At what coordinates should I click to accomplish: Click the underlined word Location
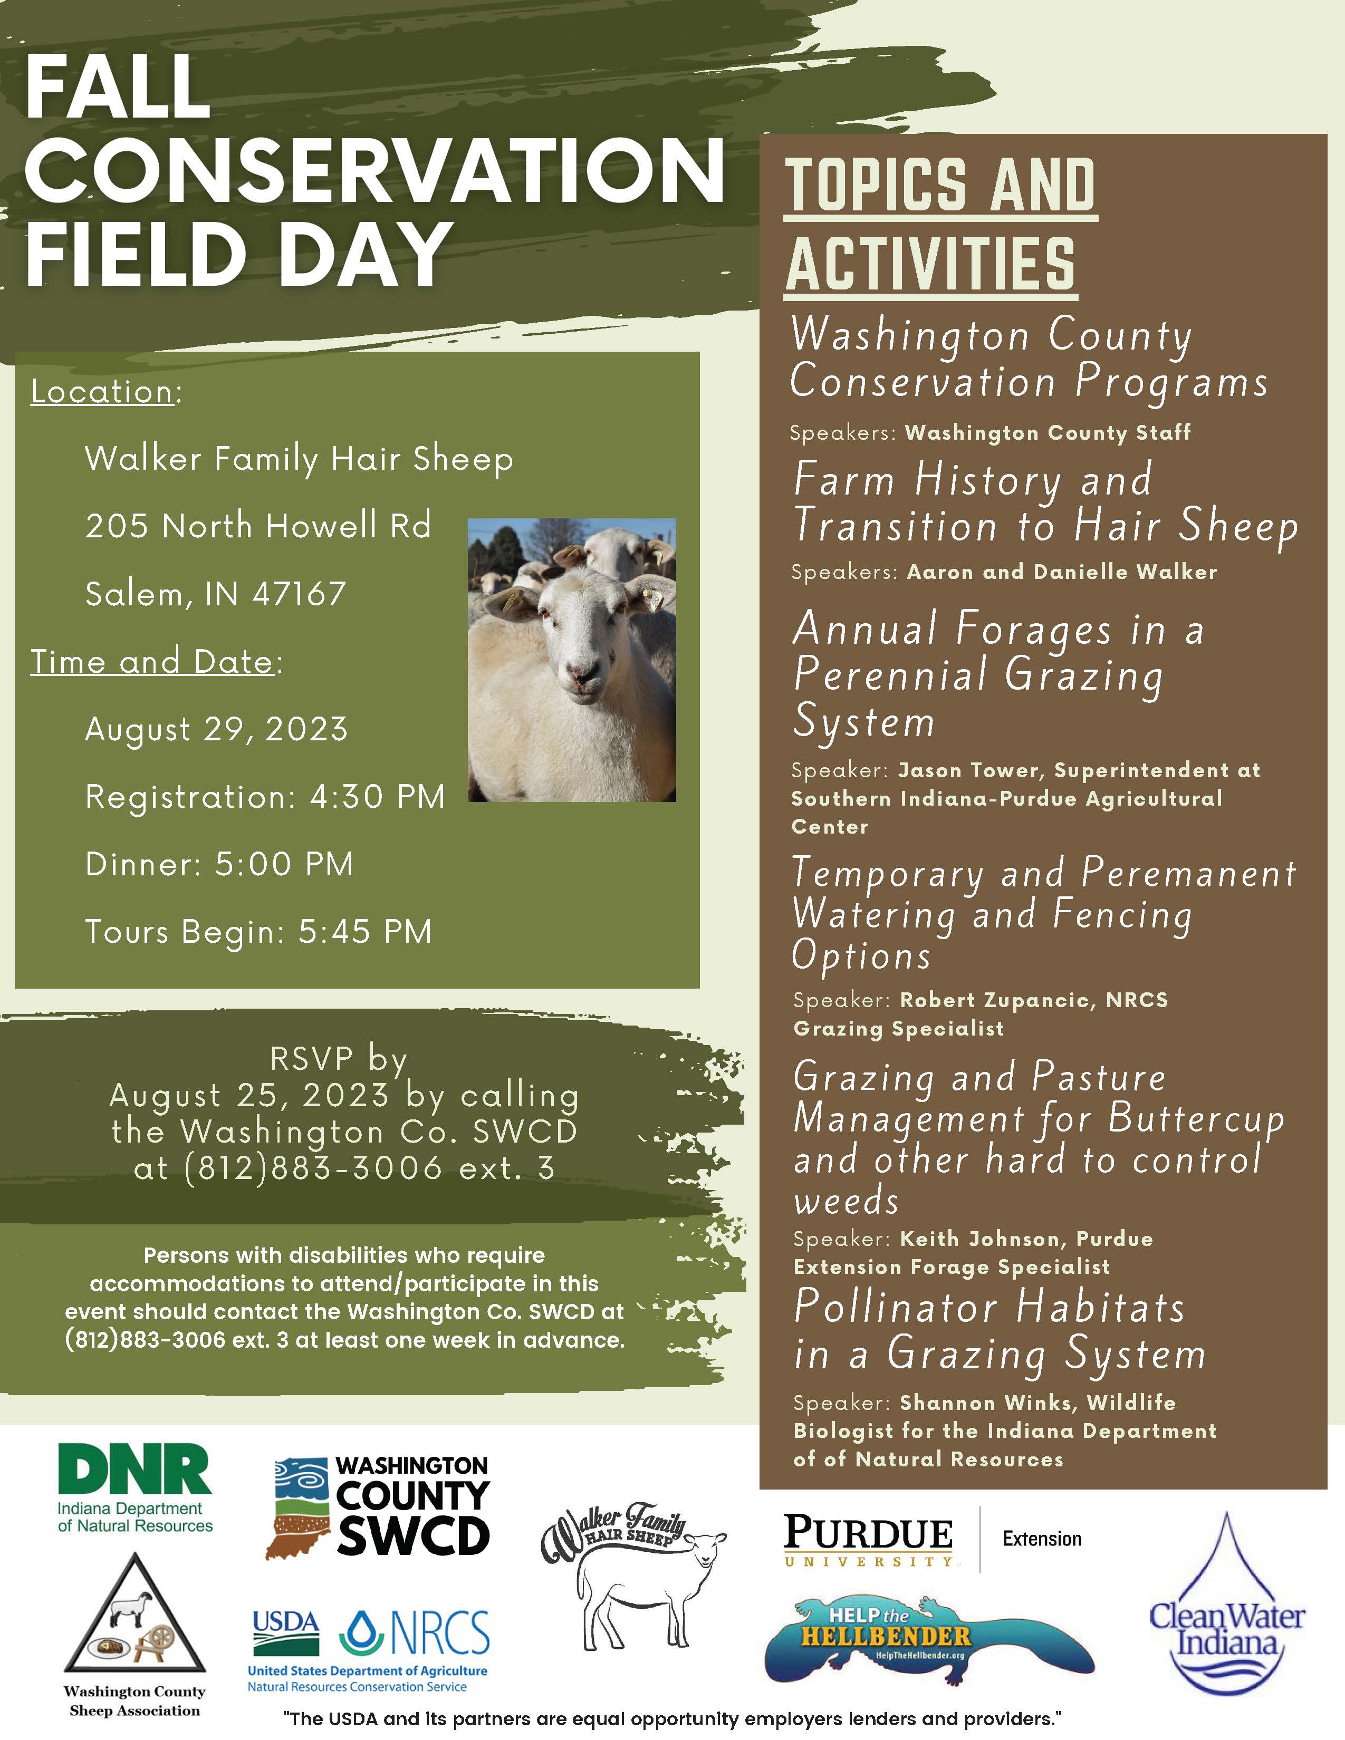coord(102,392)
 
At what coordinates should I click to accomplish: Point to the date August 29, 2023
coord(217,730)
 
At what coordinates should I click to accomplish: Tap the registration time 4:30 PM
coord(377,797)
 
